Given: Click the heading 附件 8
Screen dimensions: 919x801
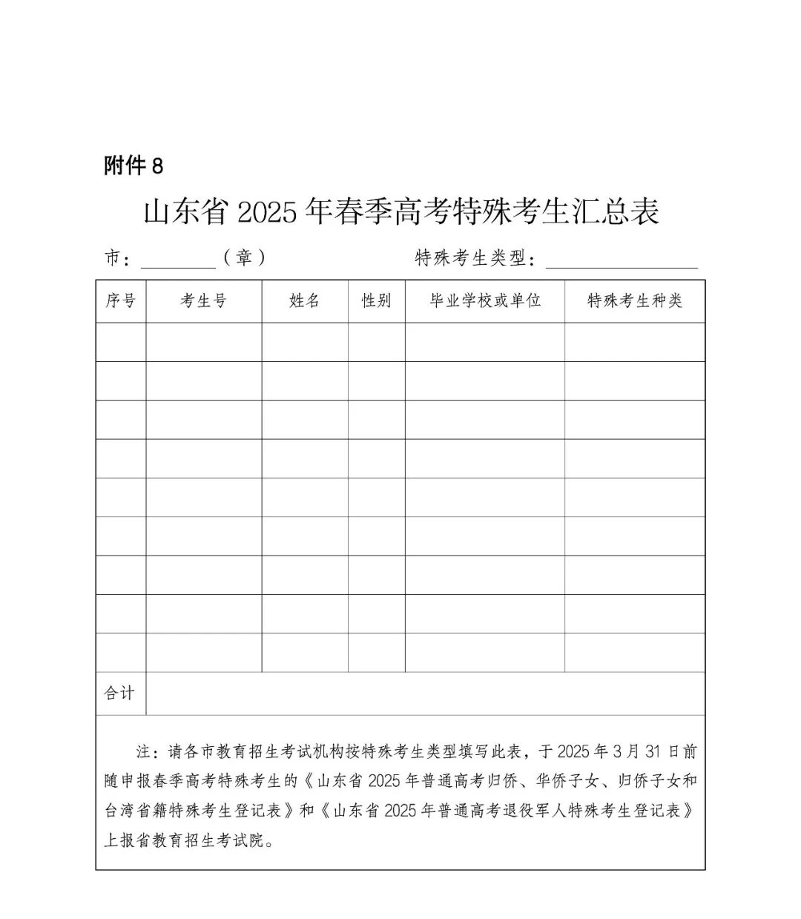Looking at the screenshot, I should [133, 165].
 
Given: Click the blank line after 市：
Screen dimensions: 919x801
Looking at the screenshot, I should [178, 260].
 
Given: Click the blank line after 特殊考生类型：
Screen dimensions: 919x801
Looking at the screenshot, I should [622, 260].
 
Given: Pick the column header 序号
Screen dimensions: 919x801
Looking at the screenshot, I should [121, 300].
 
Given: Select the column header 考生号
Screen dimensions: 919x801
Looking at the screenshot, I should [203, 300].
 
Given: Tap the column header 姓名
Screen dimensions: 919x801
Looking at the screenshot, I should [304, 300].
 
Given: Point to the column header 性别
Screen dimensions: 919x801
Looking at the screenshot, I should [376, 300].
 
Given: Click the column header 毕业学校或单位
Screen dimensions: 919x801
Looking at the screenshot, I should [485, 300].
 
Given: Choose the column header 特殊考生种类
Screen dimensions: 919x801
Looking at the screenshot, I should [634, 300].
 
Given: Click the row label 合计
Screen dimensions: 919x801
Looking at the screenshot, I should [119, 693].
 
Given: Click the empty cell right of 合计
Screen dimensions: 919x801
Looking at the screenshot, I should [425, 693].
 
